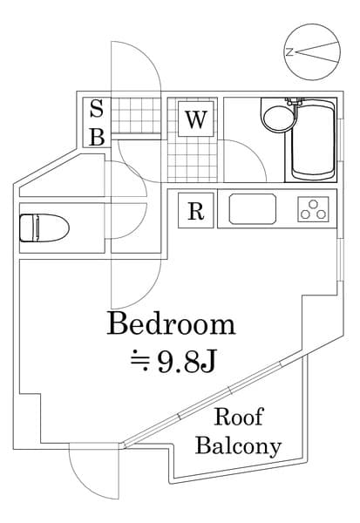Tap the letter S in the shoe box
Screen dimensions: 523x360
pos(97,111)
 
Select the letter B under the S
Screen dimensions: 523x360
pos(97,137)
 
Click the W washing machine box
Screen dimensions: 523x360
pos(195,119)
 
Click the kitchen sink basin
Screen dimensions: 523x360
pos(253,209)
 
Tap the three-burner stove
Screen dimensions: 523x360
pos(315,209)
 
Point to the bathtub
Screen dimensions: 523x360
pos(311,142)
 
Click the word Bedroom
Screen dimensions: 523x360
pos(171,325)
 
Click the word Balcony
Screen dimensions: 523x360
pos(238,447)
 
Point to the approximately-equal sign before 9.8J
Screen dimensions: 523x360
pos(138,359)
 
